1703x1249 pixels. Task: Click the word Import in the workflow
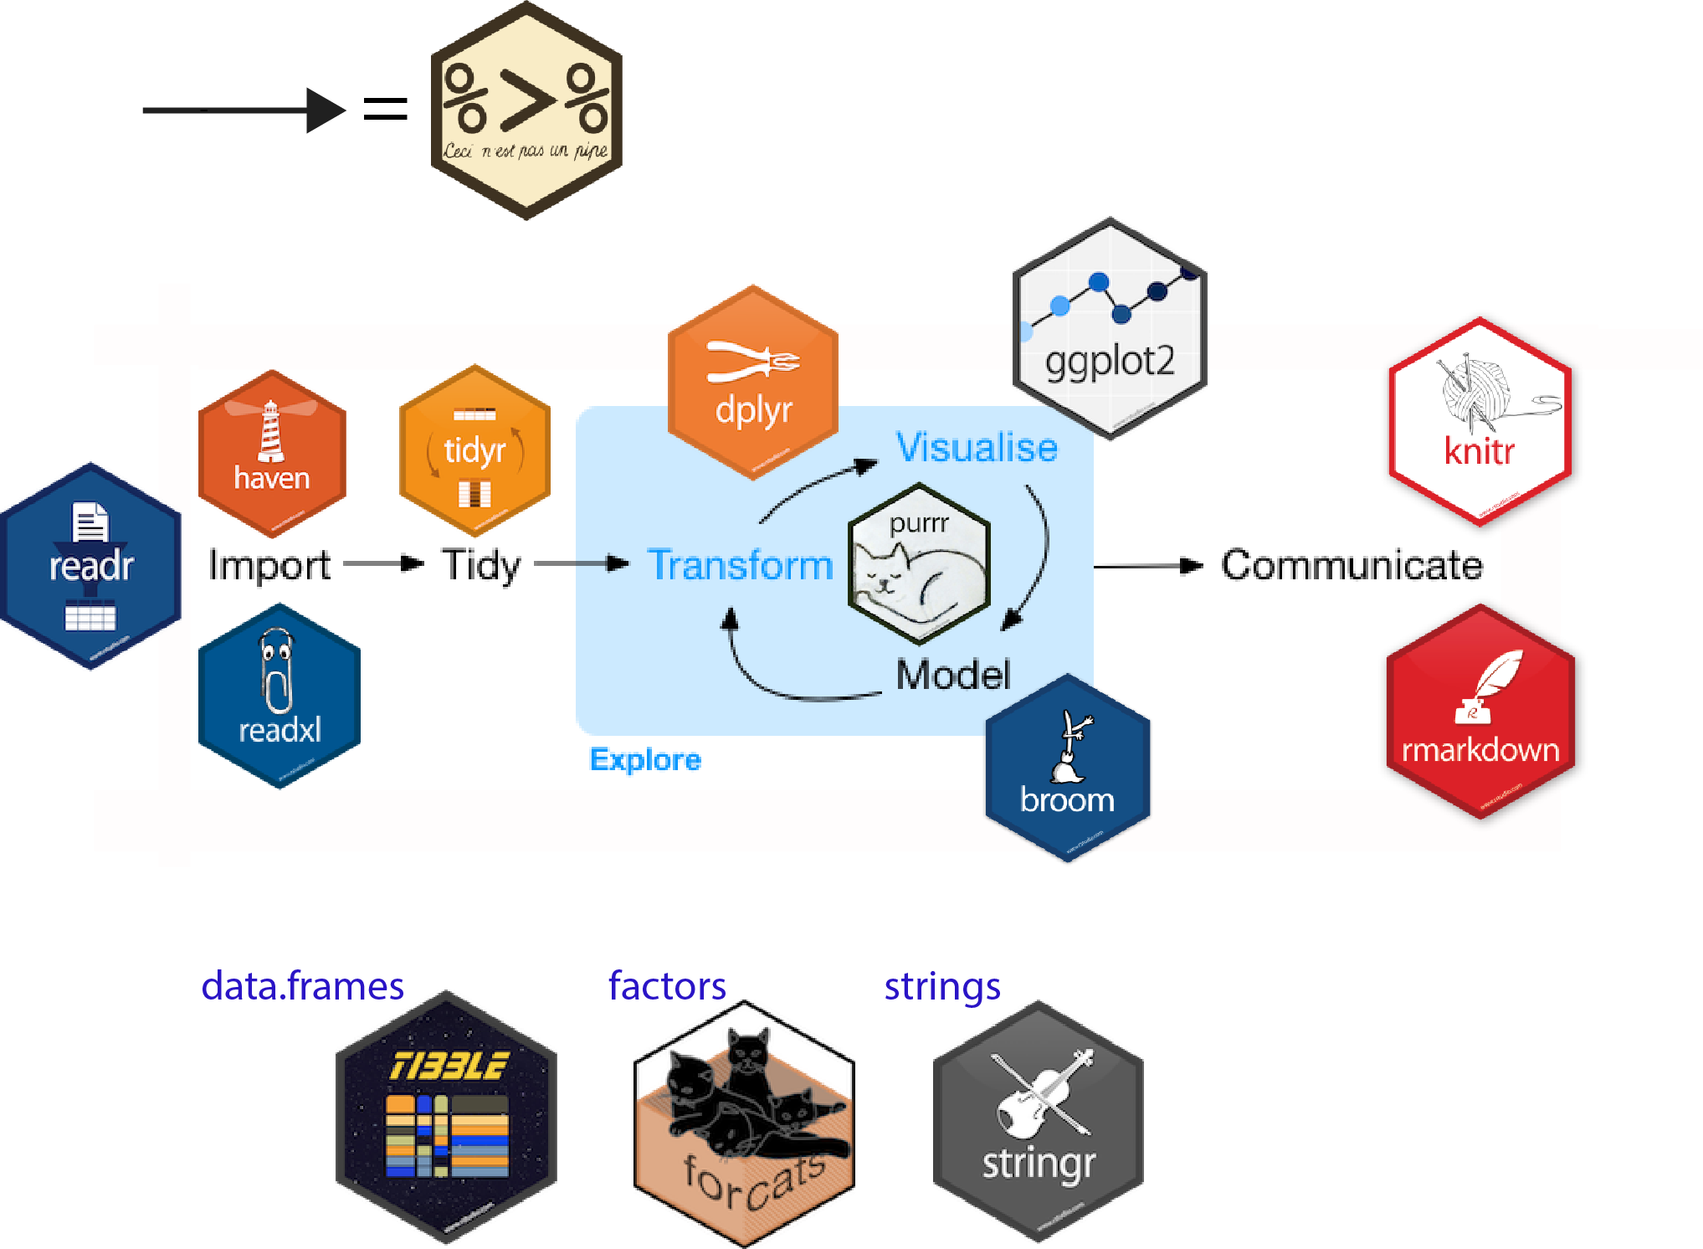[x=269, y=565]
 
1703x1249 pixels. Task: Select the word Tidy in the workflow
[x=481, y=566]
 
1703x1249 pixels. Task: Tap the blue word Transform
[x=741, y=565]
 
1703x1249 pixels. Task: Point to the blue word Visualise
[x=977, y=447]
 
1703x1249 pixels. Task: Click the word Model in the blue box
[x=953, y=675]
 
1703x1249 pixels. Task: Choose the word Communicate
[x=1352, y=565]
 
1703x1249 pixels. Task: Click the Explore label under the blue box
[x=645, y=760]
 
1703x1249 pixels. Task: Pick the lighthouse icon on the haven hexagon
[x=270, y=431]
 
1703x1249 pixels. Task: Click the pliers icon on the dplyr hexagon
[x=753, y=362]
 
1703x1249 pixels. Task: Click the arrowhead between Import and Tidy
[x=412, y=563]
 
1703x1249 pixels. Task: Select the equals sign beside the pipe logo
[x=385, y=109]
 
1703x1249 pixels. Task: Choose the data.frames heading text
[x=302, y=986]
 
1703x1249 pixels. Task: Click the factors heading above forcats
[x=667, y=986]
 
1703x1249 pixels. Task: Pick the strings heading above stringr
[x=942, y=986]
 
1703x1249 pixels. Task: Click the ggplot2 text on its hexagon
[x=1110, y=362]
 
